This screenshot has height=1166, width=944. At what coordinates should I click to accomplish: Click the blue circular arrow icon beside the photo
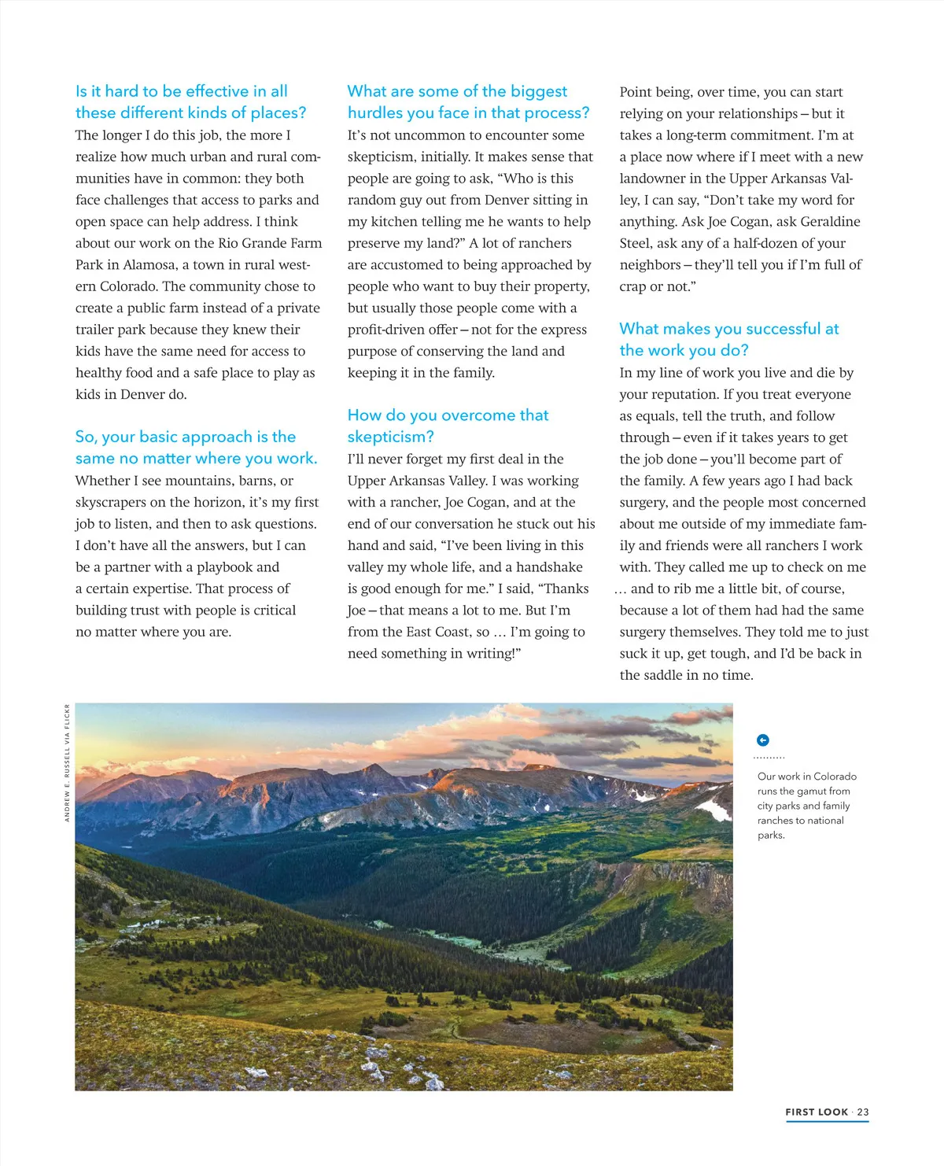coord(762,740)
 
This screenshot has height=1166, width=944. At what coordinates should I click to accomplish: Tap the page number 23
coord(863,1112)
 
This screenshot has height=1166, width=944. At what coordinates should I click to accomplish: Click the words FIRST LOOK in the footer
coord(817,1112)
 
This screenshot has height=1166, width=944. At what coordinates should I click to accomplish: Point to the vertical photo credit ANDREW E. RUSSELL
coord(68,763)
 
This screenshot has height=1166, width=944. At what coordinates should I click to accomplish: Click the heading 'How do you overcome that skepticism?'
coord(448,426)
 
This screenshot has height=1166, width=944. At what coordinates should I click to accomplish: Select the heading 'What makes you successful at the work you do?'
coord(728,339)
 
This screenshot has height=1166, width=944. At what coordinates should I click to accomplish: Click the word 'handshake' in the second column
coord(549,566)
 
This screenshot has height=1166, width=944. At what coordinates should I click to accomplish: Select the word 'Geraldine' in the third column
coord(824,221)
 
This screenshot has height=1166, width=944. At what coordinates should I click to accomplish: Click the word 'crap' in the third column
coord(633,286)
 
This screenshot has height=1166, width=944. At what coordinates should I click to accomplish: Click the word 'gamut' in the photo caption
coord(811,791)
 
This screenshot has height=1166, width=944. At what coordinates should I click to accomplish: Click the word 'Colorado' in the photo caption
coord(835,776)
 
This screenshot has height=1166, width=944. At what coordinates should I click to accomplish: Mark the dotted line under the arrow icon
coord(769,758)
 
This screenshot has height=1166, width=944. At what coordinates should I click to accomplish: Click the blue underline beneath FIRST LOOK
coord(827,1121)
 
